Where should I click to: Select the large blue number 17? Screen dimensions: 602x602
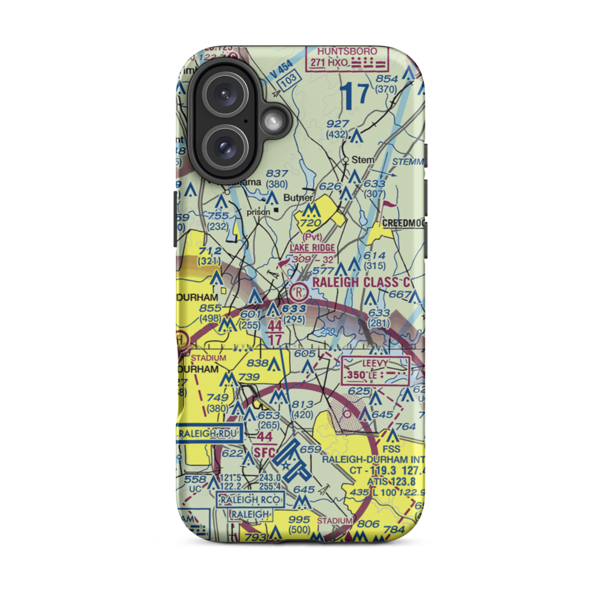coord(354,96)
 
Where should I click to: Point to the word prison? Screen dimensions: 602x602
coord(259,212)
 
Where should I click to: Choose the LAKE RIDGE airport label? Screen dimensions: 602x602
coord(312,248)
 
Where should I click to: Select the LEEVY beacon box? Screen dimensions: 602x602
coord(374,370)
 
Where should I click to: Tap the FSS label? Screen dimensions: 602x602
coord(392,448)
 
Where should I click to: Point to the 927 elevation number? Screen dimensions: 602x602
coord(338,123)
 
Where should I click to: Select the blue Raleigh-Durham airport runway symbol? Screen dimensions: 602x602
coord(290,465)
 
